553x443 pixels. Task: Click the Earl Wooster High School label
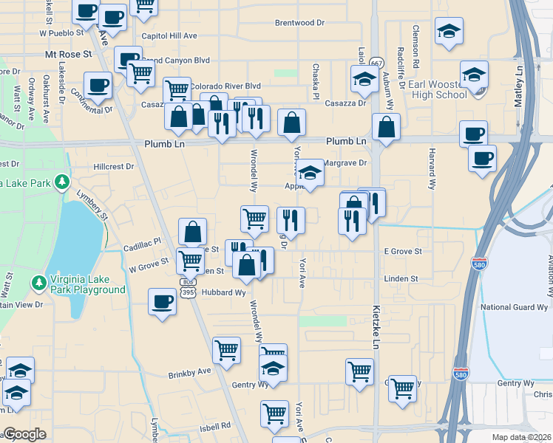click(437, 89)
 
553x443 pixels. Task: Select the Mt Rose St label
click(68, 55)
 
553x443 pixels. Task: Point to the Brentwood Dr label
click(299, 23)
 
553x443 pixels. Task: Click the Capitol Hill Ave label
click(169, 35)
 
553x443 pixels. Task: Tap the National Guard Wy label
click(514, 306)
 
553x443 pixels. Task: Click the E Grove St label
click(402, 252)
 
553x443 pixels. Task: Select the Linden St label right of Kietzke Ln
click(401, 278)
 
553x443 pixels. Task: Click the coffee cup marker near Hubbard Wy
click(163, 301)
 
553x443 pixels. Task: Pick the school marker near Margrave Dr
click(311, 173)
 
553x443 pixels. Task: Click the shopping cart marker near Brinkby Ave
click(226, 350)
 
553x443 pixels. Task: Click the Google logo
click(24, 434)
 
